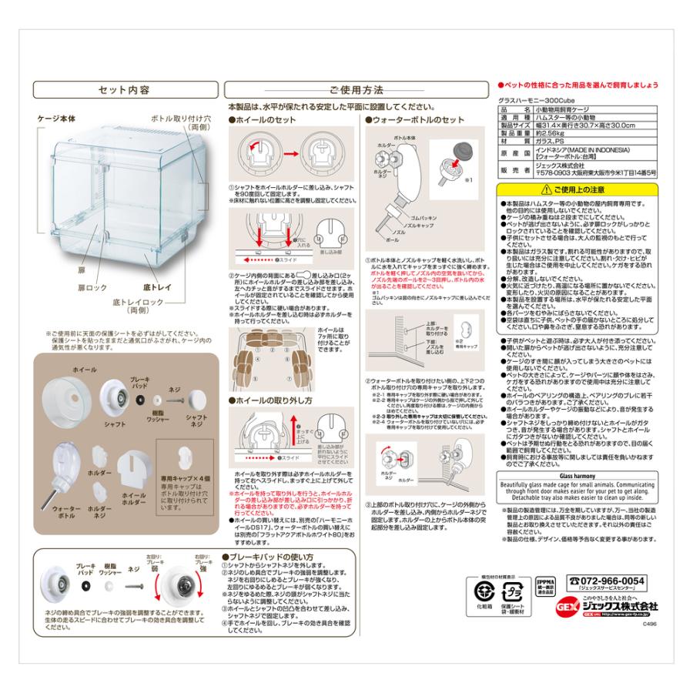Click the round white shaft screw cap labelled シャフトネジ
click(x=192, y=398)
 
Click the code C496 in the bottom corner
click(x=648, y=625)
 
